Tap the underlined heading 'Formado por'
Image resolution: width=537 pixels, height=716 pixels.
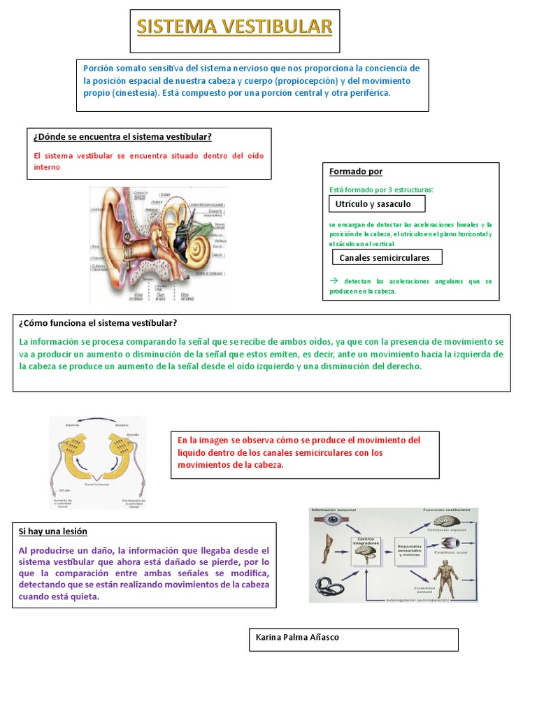click(x=356, y=171)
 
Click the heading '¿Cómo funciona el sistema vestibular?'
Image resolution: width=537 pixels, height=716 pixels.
click(x=98, y=322)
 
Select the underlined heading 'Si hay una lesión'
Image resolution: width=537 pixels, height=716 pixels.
click(x=53, y=532)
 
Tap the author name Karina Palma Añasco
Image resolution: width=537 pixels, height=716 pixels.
click(x=297, y=637)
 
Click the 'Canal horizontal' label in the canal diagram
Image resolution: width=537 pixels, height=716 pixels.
click(x=98, y=482)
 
